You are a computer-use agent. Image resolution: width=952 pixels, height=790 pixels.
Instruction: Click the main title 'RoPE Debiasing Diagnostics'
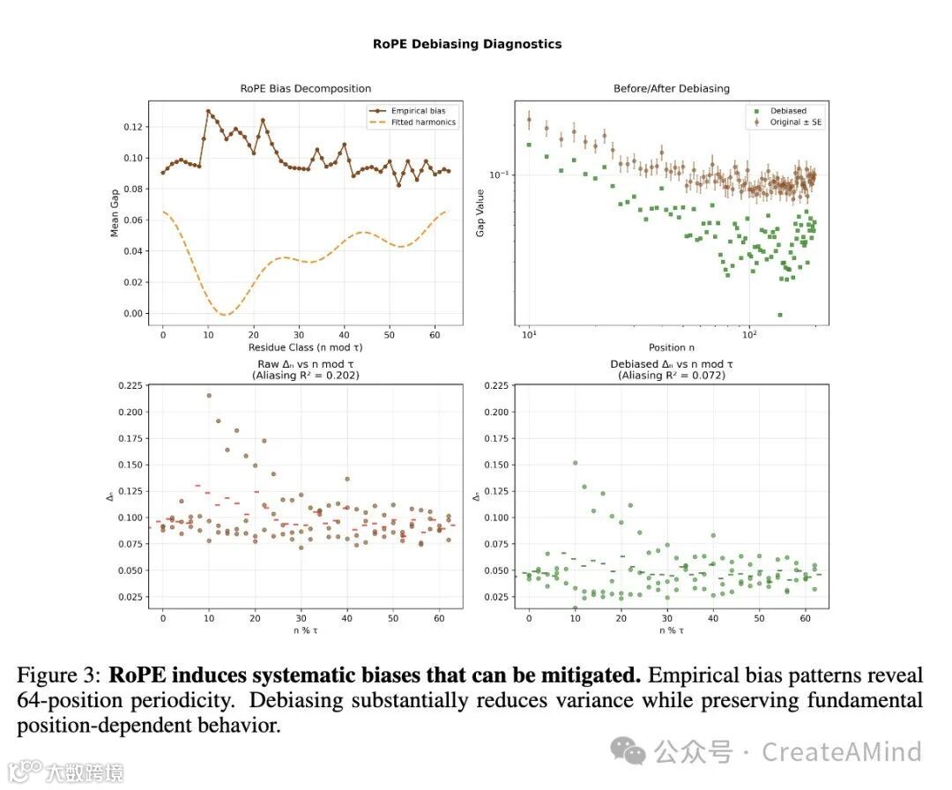click(466, 43)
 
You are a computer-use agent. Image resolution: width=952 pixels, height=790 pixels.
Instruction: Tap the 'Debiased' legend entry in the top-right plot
click(787, 111)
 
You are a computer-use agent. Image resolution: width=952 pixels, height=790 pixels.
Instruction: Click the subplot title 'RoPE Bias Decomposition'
click(306, 88)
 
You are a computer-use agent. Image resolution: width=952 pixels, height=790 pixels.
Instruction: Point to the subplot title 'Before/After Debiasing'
click(671, 88)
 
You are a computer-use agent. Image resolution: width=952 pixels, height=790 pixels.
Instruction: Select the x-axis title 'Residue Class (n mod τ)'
click(306, 347)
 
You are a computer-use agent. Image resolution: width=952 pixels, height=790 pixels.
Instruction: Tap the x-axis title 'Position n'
click(672, 347)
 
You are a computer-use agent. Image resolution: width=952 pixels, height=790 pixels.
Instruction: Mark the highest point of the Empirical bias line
click(208, 111)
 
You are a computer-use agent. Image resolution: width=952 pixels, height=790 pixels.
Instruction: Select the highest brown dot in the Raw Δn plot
click(209, 395)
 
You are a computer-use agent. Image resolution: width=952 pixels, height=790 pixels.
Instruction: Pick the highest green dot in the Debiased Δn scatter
click(575, 462)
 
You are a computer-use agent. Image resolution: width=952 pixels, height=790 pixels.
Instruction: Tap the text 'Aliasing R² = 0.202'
click(306, 375)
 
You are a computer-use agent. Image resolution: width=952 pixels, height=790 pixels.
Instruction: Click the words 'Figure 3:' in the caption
click(59, 676)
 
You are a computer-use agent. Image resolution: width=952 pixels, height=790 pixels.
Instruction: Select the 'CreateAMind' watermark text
click(841, 752)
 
